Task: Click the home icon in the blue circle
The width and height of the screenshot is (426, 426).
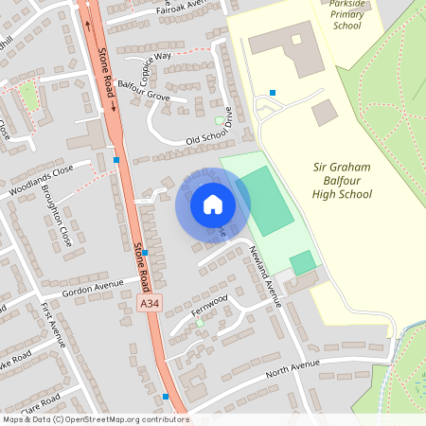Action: (x=212, y=204)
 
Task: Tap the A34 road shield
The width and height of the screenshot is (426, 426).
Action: (x=149, y=303)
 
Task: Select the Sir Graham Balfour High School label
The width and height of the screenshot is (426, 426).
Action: (x=341, y=180)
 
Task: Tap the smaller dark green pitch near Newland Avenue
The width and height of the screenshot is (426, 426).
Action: (x=302, y=262)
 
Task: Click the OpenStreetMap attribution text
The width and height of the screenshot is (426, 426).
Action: (x=95, y=418)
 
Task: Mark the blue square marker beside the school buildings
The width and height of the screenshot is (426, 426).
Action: (x=273, y=93)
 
